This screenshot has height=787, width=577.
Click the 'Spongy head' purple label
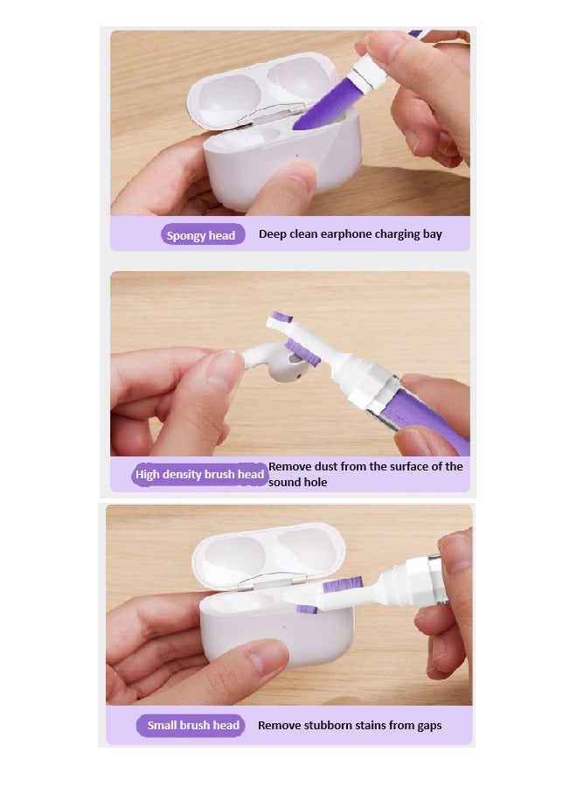[201, 235]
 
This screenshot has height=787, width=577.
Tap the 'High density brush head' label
[200, 475]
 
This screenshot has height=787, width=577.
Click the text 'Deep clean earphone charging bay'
[350, 234]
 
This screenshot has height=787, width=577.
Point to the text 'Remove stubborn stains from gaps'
[349, 725]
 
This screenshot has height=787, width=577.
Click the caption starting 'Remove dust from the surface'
[365, 474]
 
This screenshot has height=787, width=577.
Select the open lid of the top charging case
[262, 87]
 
